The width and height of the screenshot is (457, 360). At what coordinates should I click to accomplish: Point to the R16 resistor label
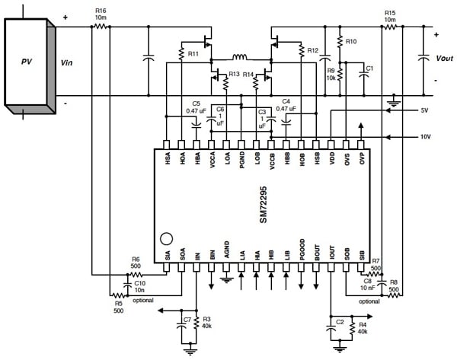point(101,11)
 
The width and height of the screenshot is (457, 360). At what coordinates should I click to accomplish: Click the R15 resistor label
point(389,11)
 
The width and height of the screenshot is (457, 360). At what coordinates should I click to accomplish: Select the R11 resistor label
point(193,54)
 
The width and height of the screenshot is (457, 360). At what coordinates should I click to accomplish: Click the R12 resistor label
point(313,51)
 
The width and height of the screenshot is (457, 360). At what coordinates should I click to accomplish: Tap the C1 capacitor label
point(369,69)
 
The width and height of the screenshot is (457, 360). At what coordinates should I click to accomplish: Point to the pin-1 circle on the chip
point(169,237)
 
